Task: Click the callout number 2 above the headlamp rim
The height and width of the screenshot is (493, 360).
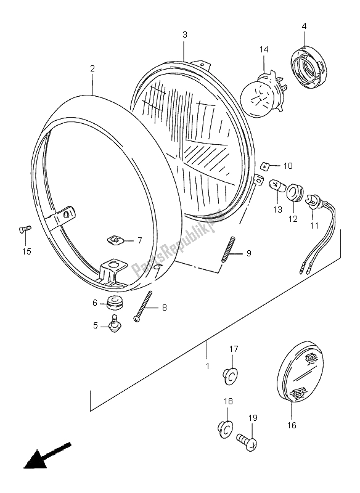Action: point(92,68)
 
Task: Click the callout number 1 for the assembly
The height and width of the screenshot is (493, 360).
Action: point(208,366)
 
